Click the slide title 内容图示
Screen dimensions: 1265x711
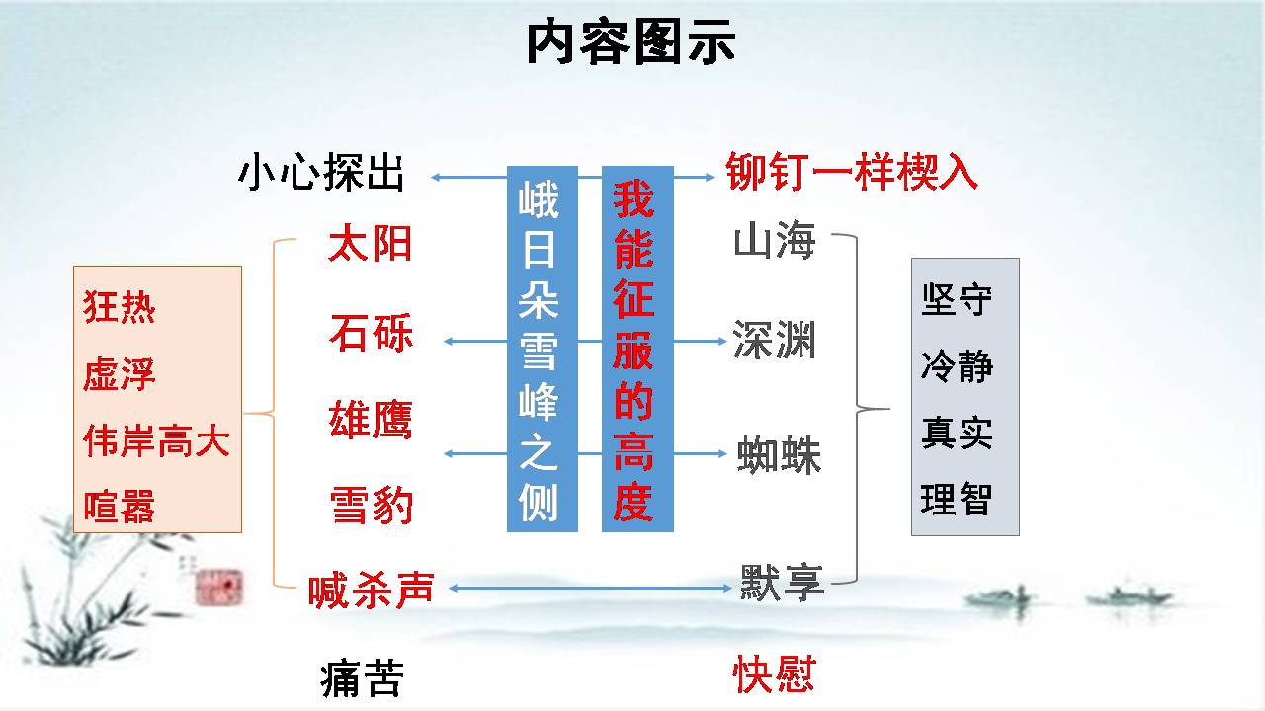coord(631,42)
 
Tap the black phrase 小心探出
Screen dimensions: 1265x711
coord(321,172)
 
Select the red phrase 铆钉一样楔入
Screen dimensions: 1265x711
coord(852,172)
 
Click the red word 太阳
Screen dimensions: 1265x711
coord(370,243)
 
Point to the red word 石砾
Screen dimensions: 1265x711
coord(371,333)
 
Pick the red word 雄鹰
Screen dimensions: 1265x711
coord(371,420)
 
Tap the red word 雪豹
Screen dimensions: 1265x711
coord(372,505)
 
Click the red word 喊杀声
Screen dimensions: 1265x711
coord(371,591)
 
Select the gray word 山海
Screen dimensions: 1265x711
coord(775,240)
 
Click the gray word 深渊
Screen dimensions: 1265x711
coord(774,340)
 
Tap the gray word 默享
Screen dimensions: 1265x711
coord(782,583)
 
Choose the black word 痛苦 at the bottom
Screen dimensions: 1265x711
coord(363,678)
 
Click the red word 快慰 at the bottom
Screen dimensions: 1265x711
coord(774,674)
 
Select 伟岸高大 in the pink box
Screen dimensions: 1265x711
coord(156,440)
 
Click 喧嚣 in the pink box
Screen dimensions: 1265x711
coord(120,507)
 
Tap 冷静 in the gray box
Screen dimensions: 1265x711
coord(957,365)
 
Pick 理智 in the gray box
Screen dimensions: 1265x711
coord(957,499)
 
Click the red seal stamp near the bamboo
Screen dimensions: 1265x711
coord(219,587)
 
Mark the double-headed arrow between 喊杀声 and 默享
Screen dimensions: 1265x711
coord(590,588)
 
